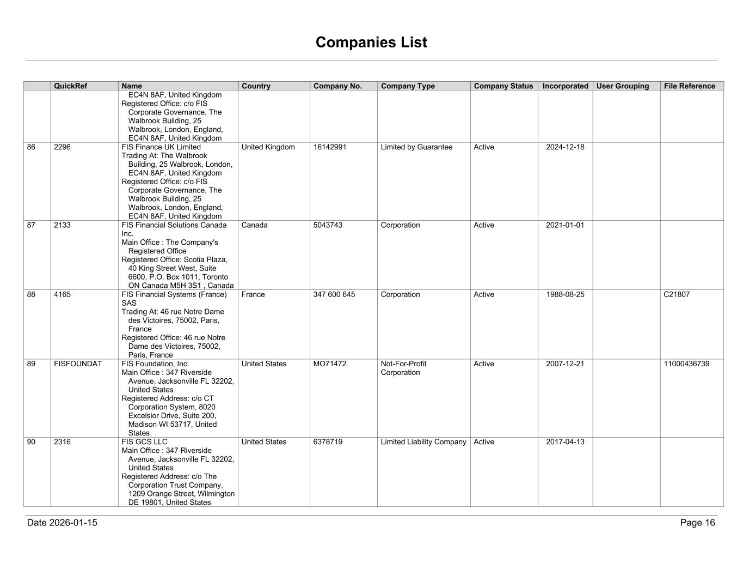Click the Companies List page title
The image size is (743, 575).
[x=371, y=43]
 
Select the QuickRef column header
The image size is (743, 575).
[x=70, y=86]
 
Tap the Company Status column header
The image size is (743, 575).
[x=503, y=86]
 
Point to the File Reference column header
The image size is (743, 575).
[x=689, y=86]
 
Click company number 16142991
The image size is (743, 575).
[x=330, y=147]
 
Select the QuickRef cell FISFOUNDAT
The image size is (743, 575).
[x=78, y=364]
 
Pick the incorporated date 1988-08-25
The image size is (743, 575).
[x=565, y=295]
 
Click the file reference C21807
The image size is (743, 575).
[x=677, y=295]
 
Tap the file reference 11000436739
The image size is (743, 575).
[x=686, y=364]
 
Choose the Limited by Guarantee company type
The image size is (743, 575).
[x=416, y=147]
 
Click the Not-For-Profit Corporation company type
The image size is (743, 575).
[x=403, y=368]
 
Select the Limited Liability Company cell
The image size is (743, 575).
[x=423, y=442]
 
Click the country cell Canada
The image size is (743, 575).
[x=254, y=225]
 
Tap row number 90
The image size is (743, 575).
[x=32, y=442]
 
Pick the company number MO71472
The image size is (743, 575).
[x=330, y=364]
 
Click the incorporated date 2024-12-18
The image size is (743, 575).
[x=565, y=147]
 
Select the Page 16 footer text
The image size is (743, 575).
[x=697, y=523]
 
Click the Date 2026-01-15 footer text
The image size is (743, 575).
[x=62, y=523]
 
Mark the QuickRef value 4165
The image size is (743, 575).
[x=62, y=295]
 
